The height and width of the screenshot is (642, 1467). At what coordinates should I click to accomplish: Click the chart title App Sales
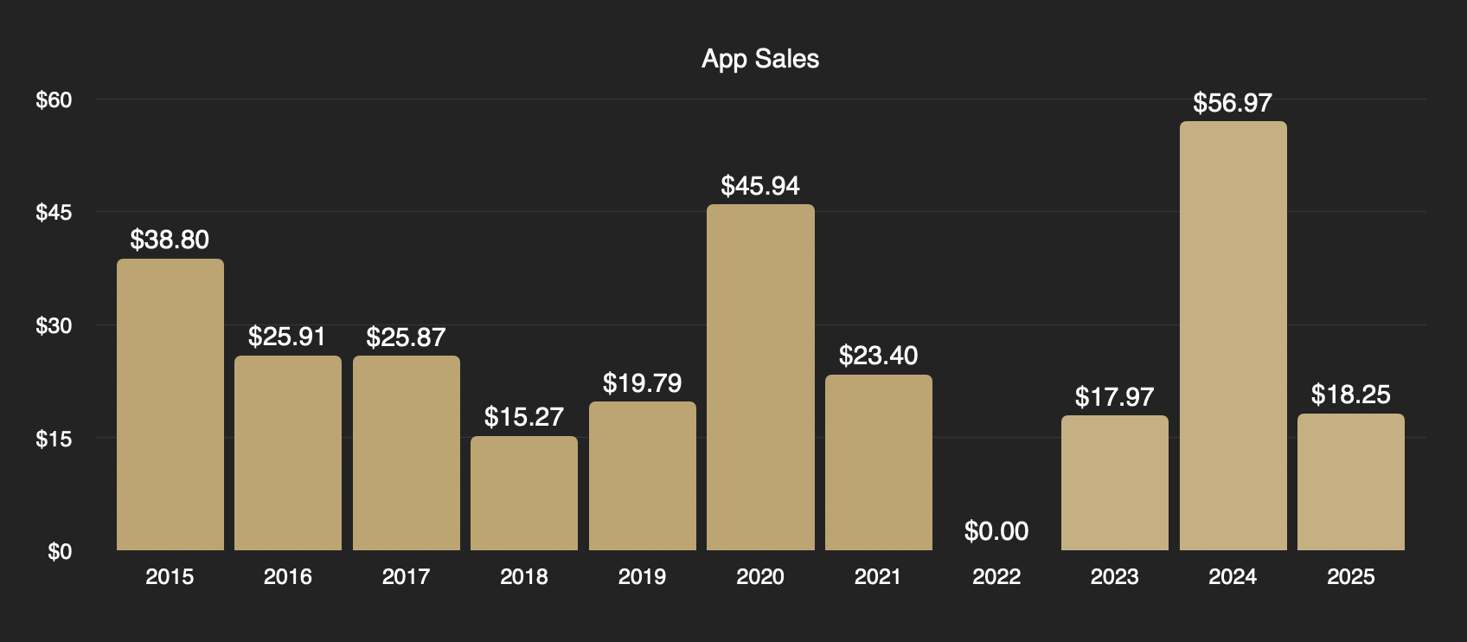(x=760, y=59)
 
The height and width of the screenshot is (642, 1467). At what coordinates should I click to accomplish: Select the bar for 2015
(x=170, y=405)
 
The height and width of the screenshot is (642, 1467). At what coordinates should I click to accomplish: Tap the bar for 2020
(x=760, y=377)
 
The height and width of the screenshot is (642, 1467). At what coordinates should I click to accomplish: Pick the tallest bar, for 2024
(x=1233, y=336)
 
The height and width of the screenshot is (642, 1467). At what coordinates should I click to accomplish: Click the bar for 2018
(x=524, y=493)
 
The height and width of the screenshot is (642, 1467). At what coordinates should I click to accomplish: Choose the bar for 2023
(x=1114, y=483)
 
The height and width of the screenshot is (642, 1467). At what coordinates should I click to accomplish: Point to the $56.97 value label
(x=1233, y=103)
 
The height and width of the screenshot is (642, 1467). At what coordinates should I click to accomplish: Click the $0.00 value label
(x=996, y=531)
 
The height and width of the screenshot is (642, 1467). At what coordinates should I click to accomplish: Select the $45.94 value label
(x=760, y=186)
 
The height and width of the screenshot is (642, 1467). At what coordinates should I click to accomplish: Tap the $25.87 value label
(x=406, y=337)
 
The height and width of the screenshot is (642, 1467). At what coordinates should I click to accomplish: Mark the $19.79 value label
(x=642, y=383)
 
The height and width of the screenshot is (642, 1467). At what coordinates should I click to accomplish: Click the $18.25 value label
(x=1350, y=395)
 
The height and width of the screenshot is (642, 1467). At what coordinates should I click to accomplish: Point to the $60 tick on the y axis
(x=54, y=100)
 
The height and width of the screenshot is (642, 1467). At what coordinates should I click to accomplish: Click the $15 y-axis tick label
(x=54, y=439)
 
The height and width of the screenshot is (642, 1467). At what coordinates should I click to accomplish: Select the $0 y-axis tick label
(x=60, y=551)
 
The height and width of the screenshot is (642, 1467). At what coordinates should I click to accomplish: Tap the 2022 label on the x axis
(x=996, y=577)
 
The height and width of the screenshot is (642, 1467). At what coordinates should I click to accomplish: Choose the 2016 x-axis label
(x=288, y=577)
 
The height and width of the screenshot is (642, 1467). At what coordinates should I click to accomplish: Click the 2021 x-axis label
(x=878, y=577)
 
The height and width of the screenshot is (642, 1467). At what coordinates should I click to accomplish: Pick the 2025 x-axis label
(x=1350, y=577)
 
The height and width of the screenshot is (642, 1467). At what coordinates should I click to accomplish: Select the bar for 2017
(x=407, y=453)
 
